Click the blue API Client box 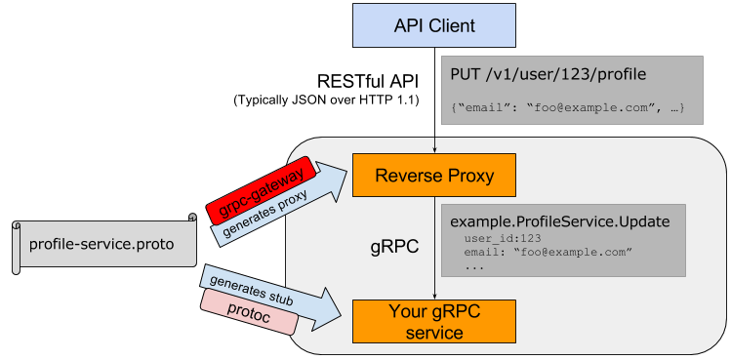point(434,25)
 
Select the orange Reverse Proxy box point(434,177)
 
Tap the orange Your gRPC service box point(434,321)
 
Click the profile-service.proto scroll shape point(102,243)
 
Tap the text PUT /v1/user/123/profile point(548,74)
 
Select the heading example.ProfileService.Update point(559,221)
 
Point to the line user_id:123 point(503,238)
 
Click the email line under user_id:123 point(548,253)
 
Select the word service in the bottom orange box point(434,333)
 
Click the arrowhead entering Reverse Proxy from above point(434,149)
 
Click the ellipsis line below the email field point(475,266)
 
